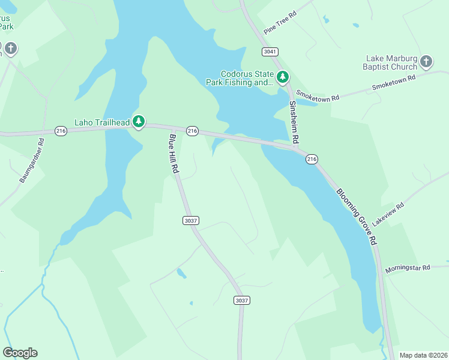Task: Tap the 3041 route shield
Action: tap(269, 51)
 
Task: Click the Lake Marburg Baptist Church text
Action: tap(391, 62)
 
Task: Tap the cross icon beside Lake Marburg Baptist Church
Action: tap(426, 61)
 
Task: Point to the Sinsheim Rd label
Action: tap(294, 122)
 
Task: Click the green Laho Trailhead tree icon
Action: tap(139, 122)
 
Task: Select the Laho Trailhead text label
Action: tap(101, 123)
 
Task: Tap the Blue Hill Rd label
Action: tap(174, 154)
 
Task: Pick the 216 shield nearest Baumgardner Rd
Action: tap(61, 131)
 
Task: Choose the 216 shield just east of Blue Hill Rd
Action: tap(192, 131)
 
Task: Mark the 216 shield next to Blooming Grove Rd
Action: tap(312, 159)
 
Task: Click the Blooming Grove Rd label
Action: tap(356, 217)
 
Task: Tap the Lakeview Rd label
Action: tap(388, 214)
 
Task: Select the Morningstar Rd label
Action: tap(408, 268)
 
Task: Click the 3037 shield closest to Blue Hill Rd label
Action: tap(190, 221)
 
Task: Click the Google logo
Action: tap(20, 353)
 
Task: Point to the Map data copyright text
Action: tap(423, 355)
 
